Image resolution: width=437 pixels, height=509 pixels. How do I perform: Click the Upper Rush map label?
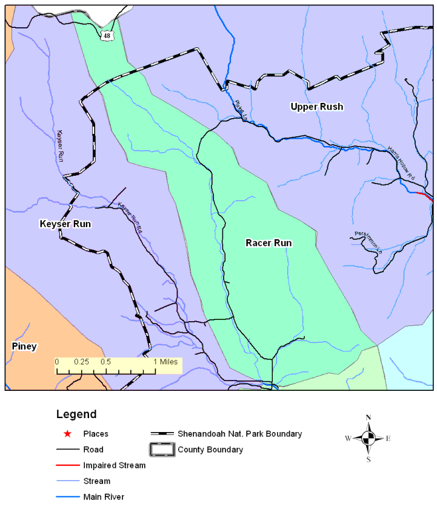tap(316, 107)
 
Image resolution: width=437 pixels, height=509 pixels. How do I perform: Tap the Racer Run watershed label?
tap(269, 243)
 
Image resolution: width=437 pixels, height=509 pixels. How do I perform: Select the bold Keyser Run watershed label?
tap(65, 224)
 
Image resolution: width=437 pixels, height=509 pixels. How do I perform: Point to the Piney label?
tap(24, 347)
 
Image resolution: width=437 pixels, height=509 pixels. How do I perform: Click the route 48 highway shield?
tap(107, 36)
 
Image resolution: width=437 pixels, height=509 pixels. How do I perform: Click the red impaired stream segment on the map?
tap(425, 196)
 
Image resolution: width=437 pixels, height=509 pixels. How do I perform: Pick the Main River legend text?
tap(104, 497)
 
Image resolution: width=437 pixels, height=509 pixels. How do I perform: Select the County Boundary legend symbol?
tap(162, 450)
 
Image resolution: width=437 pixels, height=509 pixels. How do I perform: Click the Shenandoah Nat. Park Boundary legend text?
tap(239, 434)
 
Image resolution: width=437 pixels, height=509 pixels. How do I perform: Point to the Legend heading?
tap(76, 414)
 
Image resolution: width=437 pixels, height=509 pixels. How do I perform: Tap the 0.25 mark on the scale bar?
tap(81, 361)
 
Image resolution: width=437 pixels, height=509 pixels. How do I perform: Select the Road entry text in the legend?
tap(93, 450)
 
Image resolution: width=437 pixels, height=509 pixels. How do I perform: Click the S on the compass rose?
tap(369, 459)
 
